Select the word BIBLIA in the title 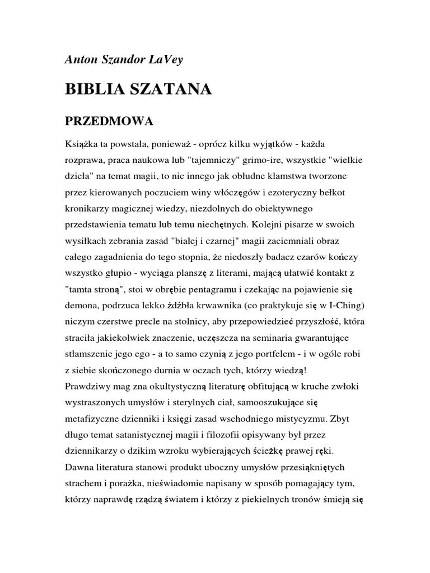pyautogui.click(x=93, y=90)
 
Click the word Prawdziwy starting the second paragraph pyautogui.click(x=88, y=387)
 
